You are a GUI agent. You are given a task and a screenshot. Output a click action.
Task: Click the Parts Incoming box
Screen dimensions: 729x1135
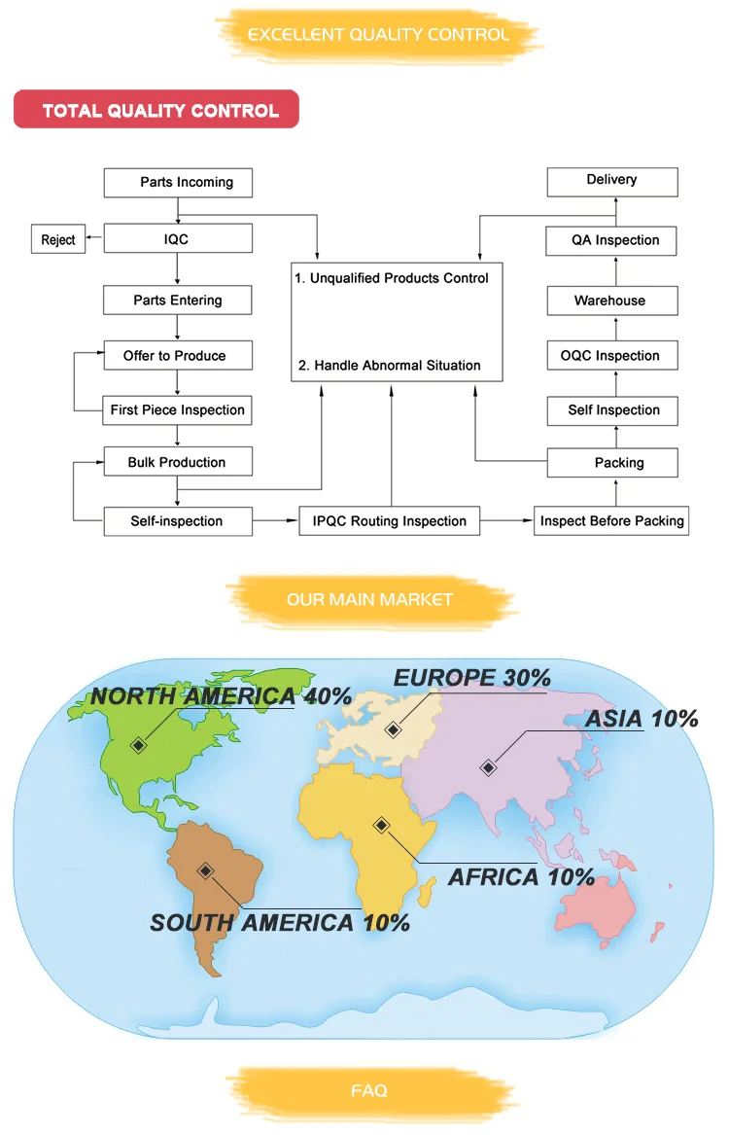pos(177,182)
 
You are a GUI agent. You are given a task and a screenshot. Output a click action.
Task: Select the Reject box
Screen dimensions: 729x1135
pos(57,239)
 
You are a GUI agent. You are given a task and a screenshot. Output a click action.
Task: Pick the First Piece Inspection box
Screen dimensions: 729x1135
pos(177,410)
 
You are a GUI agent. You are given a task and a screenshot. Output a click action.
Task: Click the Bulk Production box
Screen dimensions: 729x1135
pos(177,462)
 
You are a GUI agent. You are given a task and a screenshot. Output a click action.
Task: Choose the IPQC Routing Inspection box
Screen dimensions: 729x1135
pos(389,521)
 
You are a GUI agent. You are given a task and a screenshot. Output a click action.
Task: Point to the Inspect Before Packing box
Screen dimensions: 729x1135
pos(611,521)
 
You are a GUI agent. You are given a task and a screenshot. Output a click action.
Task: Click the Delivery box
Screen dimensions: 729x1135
pos(611,180)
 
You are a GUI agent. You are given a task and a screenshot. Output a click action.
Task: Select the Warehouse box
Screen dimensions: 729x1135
pos(611,301)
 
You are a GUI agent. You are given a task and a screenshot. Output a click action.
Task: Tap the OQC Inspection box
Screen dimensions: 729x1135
pos(611,356)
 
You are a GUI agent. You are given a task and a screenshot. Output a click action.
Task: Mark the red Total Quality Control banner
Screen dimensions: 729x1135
pos(156,110)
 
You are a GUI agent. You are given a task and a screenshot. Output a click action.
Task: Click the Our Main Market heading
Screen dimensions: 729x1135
pos(369,599)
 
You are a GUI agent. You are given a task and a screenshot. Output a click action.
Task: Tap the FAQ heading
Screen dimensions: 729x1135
pos(369,1091)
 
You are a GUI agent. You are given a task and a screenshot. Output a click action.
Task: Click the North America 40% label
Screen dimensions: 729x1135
pos(221,696)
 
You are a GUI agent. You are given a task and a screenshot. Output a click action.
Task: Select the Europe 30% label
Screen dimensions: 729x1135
pos(472,678)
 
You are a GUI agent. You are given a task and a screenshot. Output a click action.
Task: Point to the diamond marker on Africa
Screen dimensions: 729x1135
pos(382,825)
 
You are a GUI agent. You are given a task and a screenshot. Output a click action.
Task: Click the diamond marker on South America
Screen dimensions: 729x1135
pos(205,869)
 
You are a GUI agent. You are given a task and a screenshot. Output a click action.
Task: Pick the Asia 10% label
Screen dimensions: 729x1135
pos(642,720)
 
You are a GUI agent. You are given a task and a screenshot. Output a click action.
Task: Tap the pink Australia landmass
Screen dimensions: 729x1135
pos(603,909)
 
